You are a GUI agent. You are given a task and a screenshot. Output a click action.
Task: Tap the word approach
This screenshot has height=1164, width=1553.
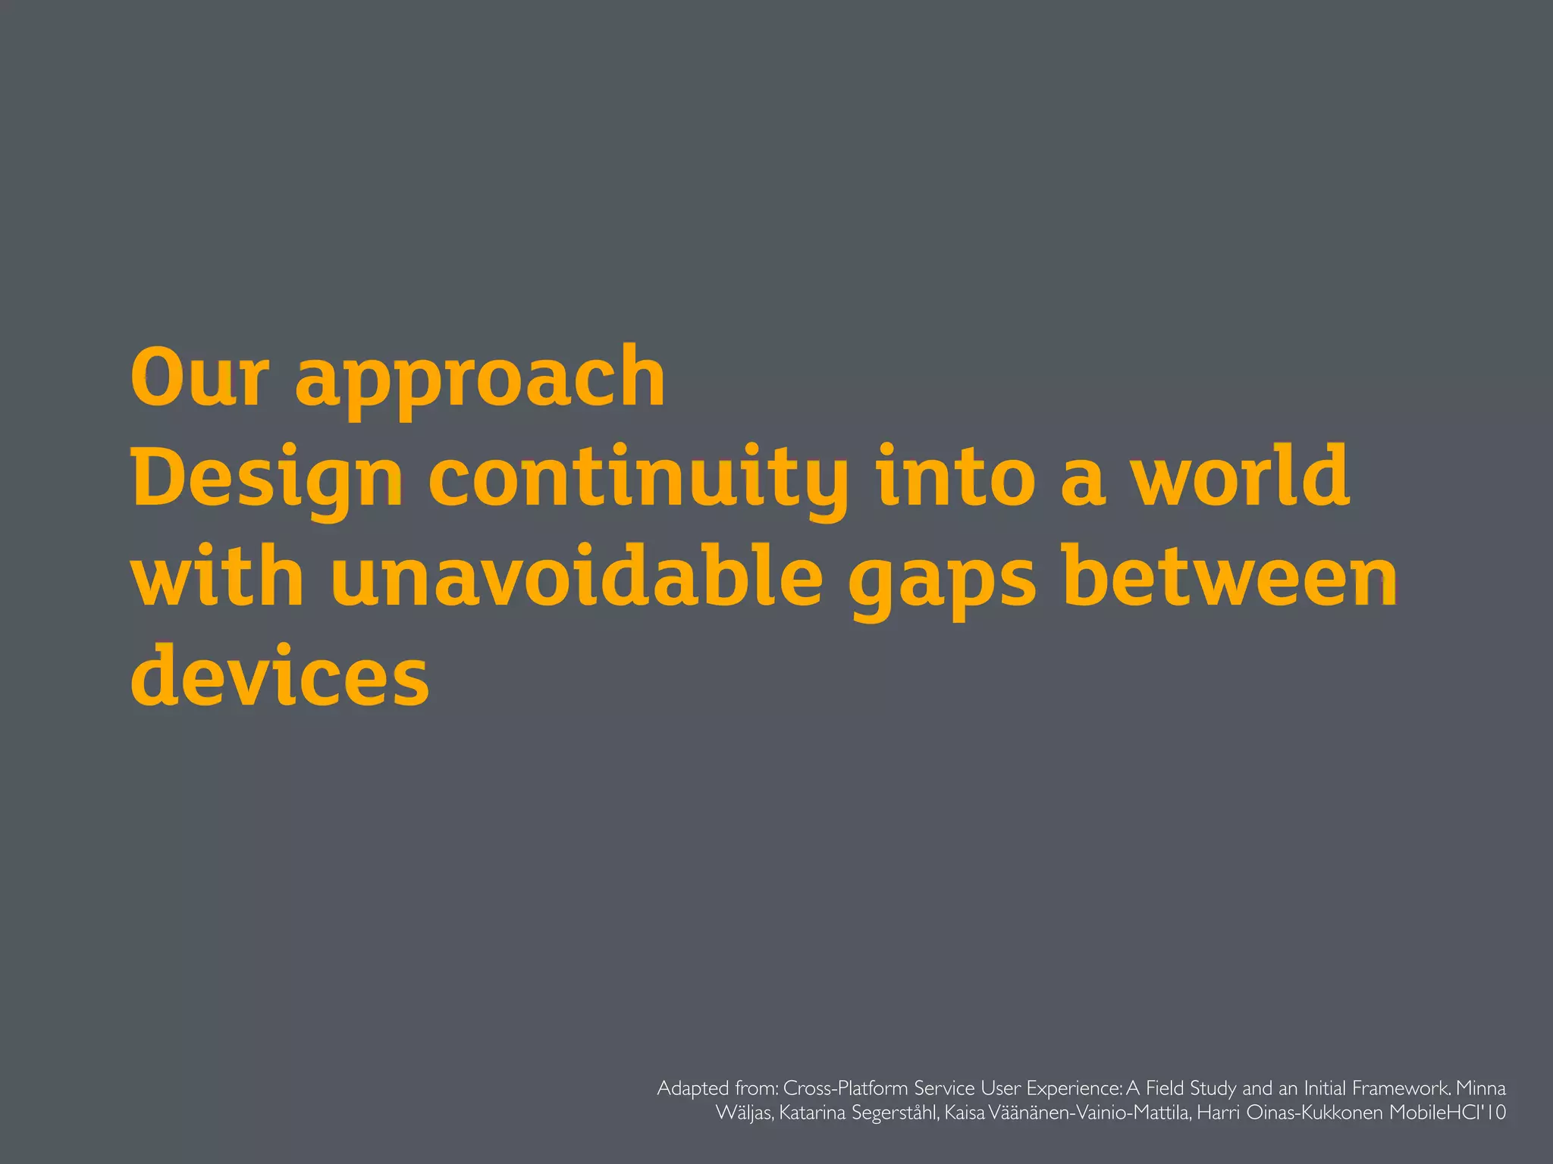(x=479, y=379)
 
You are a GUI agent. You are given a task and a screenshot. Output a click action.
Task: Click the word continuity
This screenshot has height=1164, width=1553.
(x=638, y=479)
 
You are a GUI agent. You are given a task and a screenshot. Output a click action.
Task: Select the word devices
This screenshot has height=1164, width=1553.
(x=280, y=674)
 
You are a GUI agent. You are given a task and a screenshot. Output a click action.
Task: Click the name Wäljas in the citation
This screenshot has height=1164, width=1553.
(x=744, y=1113)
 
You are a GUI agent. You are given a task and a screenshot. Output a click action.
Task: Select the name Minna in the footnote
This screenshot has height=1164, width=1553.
(x=1481, y=1089)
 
